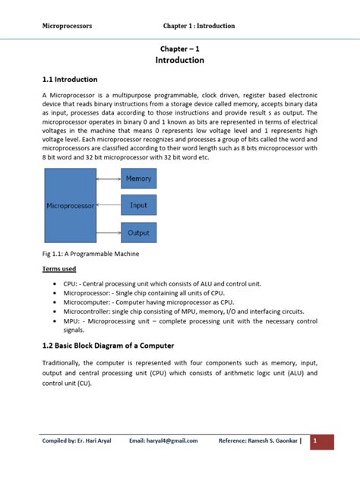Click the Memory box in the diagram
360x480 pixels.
point(138,178)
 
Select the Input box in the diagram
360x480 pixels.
point(138,205)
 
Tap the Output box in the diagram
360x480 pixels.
point(138,232)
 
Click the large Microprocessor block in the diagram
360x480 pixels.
point(71,205)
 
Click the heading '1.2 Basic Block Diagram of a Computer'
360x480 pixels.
point(108,346)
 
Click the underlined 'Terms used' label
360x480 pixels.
point(58,269)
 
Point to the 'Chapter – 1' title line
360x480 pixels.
point(179,47)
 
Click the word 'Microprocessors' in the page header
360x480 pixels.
point(67,26)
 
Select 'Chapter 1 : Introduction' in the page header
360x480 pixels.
point(199,26)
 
